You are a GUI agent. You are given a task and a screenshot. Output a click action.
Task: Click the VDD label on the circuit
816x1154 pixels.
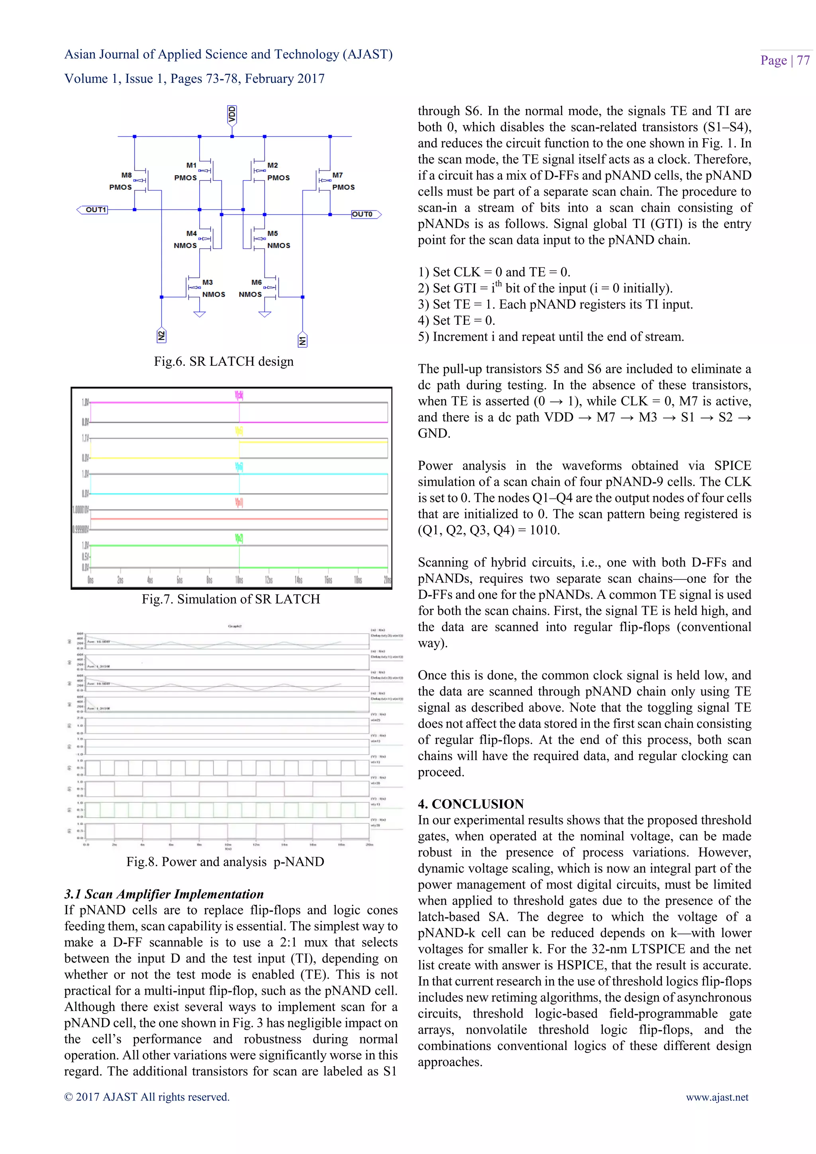coord(231,115)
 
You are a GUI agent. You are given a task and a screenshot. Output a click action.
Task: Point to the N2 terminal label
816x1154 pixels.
coord(161,336)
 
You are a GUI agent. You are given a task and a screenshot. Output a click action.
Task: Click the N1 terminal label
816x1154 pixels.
coord(302,340)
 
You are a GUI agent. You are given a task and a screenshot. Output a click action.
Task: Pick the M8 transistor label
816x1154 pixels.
coord(126,175)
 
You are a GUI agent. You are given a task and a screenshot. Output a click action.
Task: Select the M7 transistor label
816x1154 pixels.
coord(337,175)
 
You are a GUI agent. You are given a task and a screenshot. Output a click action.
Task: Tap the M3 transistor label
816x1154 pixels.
coord(207,283)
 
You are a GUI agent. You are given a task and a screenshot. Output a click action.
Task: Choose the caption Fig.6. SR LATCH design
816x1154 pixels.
coord(224,361)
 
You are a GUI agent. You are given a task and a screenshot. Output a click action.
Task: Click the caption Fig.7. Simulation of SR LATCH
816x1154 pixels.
coord(231,599)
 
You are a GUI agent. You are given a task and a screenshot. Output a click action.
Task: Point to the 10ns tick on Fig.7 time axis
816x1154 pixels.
coord(239,580)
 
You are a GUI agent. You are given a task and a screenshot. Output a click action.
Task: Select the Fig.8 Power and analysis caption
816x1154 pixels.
coord(225,862)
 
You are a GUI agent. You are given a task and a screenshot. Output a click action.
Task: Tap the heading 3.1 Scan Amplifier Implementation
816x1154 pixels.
coord(164,894)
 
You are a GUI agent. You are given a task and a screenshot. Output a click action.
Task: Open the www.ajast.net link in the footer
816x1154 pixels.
coord(717,1097)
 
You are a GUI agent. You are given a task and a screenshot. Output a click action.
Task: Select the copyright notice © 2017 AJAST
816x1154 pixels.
coord(147,1097)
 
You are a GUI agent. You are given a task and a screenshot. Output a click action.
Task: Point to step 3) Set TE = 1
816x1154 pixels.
coord(555,304)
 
